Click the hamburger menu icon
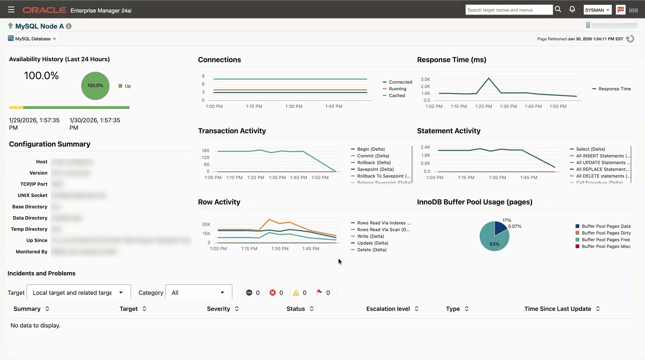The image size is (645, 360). click(11, 10)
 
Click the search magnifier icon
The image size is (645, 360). click(558, 9)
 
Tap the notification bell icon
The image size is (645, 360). click(572, 9)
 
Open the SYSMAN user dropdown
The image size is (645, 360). click(597, 10)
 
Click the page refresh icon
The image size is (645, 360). click(630, 39)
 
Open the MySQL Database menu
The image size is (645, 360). click(32, 39)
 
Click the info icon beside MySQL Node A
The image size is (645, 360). click(69, 26)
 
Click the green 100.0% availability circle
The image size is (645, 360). click(95, 86)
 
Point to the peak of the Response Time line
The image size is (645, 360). click(489, 78)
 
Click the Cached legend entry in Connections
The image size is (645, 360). click(397, 96)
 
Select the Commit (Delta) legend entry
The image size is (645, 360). click(373, 156)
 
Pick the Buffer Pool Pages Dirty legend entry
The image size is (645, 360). click(606, 233)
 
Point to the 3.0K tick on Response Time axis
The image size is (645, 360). click(425, 80)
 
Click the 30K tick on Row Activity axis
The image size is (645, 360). click(206, 224)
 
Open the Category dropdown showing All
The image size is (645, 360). click(198, 293)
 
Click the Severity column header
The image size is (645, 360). click(218, 309)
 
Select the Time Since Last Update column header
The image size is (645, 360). click(558, 309)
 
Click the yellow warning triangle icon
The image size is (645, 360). click(296, 293)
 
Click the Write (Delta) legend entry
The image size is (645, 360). click(370, 236)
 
